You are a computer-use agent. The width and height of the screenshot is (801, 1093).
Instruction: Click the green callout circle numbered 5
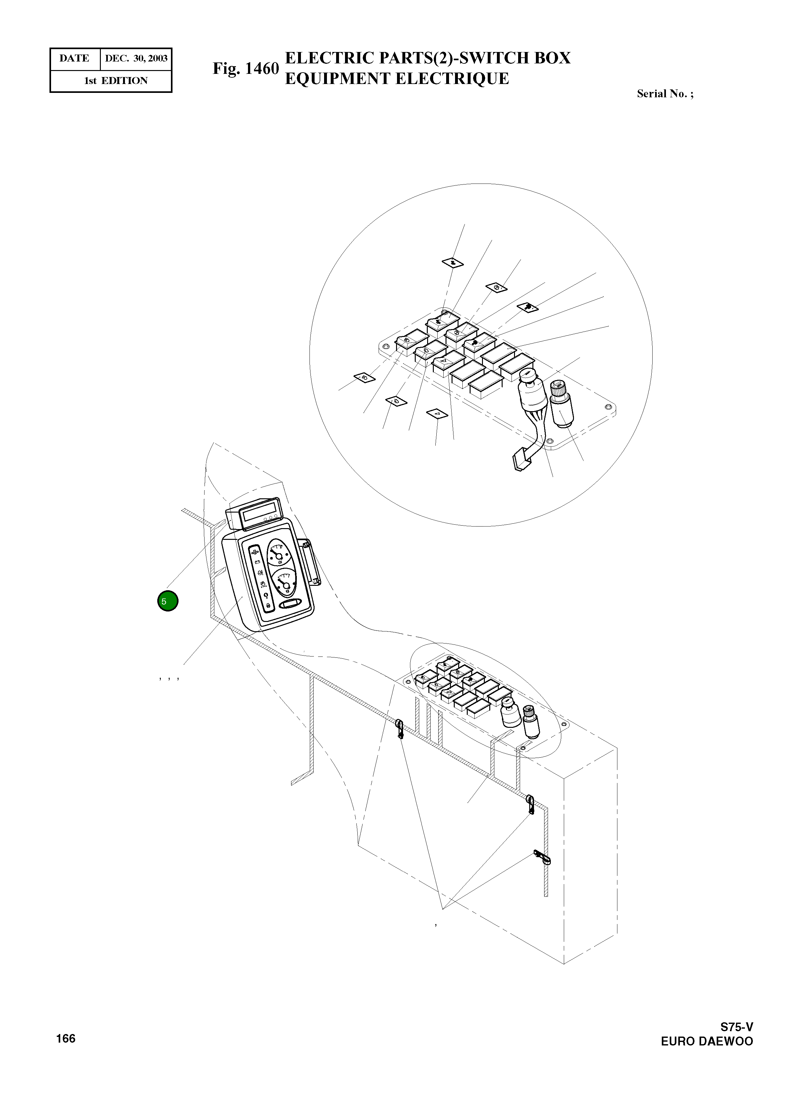tap(168, 602)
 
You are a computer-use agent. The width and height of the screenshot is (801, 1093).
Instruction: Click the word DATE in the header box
tap(74, 59)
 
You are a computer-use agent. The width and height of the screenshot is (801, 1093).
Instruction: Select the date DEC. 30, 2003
tap(136, 59)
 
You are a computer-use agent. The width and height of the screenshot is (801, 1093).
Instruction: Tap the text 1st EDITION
tap(116, 81)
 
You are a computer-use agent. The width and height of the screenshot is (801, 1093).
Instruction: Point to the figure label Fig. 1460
tap(246, 69)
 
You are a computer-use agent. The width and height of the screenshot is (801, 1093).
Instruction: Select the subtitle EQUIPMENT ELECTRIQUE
tap(397, 79)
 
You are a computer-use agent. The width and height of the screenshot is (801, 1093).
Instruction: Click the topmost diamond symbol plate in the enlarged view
tap(453, 263)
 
